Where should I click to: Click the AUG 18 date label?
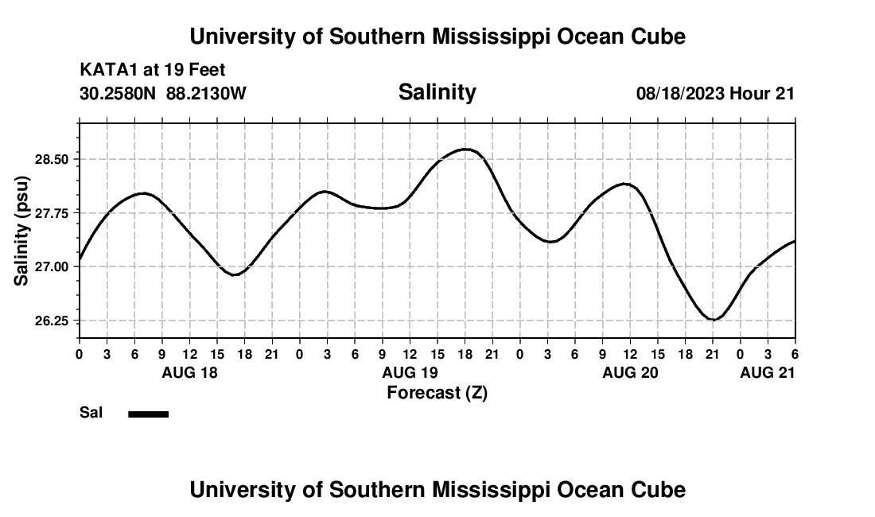[x=189, y=372]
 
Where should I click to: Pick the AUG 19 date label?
[x=410, y=372]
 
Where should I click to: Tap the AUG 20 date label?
[x=630, y=372]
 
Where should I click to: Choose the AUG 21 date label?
[x=768, y=372]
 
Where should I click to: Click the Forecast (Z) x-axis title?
[x=437, y=392]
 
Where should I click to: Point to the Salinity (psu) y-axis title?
[x=22, y=231]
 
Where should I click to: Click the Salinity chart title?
[x=437, y=92]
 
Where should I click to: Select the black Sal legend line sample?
[x=148, y=414]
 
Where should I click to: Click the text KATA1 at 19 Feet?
[x=153, y=70]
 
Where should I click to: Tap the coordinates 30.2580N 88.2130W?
[x=163, y=94]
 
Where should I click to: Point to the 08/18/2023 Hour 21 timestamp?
[x=715, y=94]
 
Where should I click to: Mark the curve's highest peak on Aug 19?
[x=466, y=149]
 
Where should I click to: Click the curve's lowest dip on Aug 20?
[x=714, y=320]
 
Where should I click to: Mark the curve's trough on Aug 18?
[x=235, y=274]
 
